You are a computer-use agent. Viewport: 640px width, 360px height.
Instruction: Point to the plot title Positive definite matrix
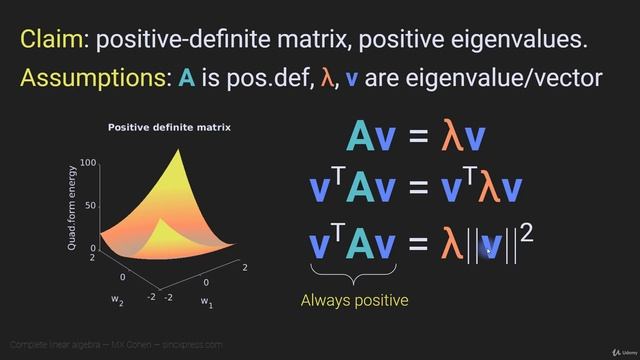pyautogui.click(x=169, y=127)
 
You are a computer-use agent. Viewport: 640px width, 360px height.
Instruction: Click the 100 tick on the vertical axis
pyautogui.click(x=88, y=163)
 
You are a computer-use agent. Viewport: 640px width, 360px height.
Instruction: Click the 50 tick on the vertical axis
pyautogui.click(x=91, y=205)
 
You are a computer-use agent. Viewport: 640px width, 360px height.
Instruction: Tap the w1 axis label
pyautogui.click(x=205, y=300)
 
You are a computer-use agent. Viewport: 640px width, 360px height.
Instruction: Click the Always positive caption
pyautogui.click(x=355, y=299)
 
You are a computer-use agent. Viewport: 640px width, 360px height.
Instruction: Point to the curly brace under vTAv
pyautogui.click(x=354, y=273)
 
